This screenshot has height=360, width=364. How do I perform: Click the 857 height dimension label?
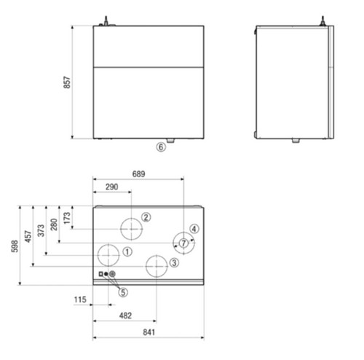[67, 82]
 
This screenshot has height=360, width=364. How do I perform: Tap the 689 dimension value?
[138, 174]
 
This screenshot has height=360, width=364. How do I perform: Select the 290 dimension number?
[112, 187]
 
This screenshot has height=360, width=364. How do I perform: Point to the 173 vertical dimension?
[67, 218]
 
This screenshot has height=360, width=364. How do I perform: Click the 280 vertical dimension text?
[54, 224]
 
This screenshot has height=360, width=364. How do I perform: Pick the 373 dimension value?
[41, 230]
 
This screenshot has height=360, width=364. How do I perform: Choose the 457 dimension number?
[28, 236]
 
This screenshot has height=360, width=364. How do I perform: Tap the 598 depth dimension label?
[15, 246]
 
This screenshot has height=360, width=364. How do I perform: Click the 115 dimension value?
[80, 300]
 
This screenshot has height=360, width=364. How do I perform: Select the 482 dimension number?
[125, 316]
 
